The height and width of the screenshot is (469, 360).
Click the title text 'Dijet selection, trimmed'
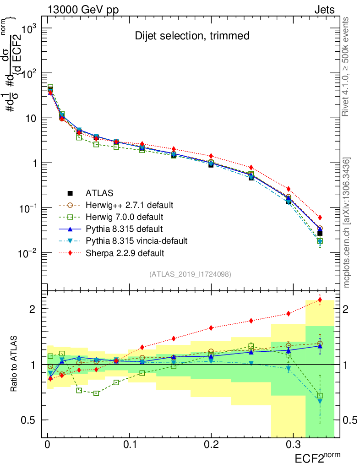click(x=192, y=36)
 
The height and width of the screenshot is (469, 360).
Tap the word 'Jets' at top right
click(x=324, y=10)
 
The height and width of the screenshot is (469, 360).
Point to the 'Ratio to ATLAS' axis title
click(x=15, y=364)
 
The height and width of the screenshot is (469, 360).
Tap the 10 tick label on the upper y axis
click(x=30, y=118)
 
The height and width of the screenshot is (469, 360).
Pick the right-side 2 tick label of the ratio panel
click(x=347, y=309)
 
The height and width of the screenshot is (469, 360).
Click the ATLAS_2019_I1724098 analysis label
click(x=190, y=274)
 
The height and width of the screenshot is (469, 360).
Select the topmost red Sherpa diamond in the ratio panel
click(x=320, y=300)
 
